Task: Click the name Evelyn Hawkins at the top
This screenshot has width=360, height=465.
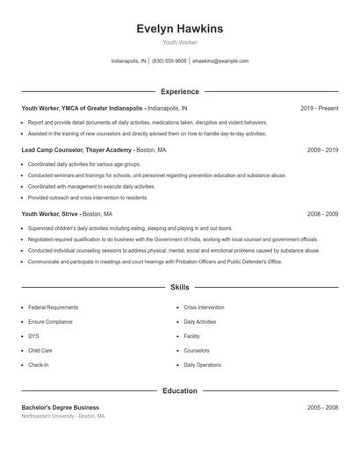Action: point(179,29)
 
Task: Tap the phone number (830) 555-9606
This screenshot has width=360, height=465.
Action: point(169,61)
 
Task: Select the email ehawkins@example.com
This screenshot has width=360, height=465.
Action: point(220,61)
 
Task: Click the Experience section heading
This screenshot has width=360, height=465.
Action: point(179,91)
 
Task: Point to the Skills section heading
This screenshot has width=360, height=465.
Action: point(179,287)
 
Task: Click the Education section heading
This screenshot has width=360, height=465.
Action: point(179,390)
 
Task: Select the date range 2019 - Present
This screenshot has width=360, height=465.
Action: point(319,108)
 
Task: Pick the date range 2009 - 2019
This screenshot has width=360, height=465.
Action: point(322,150)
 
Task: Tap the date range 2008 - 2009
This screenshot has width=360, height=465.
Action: point(322,213)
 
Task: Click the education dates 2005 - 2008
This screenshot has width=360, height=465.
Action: point(322,407)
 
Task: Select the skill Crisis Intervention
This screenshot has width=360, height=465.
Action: point(204,307)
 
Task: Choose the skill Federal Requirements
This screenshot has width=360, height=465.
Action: point(53,307)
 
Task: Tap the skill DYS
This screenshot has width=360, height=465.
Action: point(33,336)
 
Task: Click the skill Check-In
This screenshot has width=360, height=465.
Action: point(38,364)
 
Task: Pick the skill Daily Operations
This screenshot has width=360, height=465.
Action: point(202,364)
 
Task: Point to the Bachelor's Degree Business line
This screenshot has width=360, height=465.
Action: point(60,407)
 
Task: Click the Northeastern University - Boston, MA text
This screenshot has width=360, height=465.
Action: point(63,416)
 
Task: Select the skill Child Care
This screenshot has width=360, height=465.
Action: point(40,350)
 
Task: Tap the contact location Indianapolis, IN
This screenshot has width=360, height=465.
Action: point(128,61)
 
